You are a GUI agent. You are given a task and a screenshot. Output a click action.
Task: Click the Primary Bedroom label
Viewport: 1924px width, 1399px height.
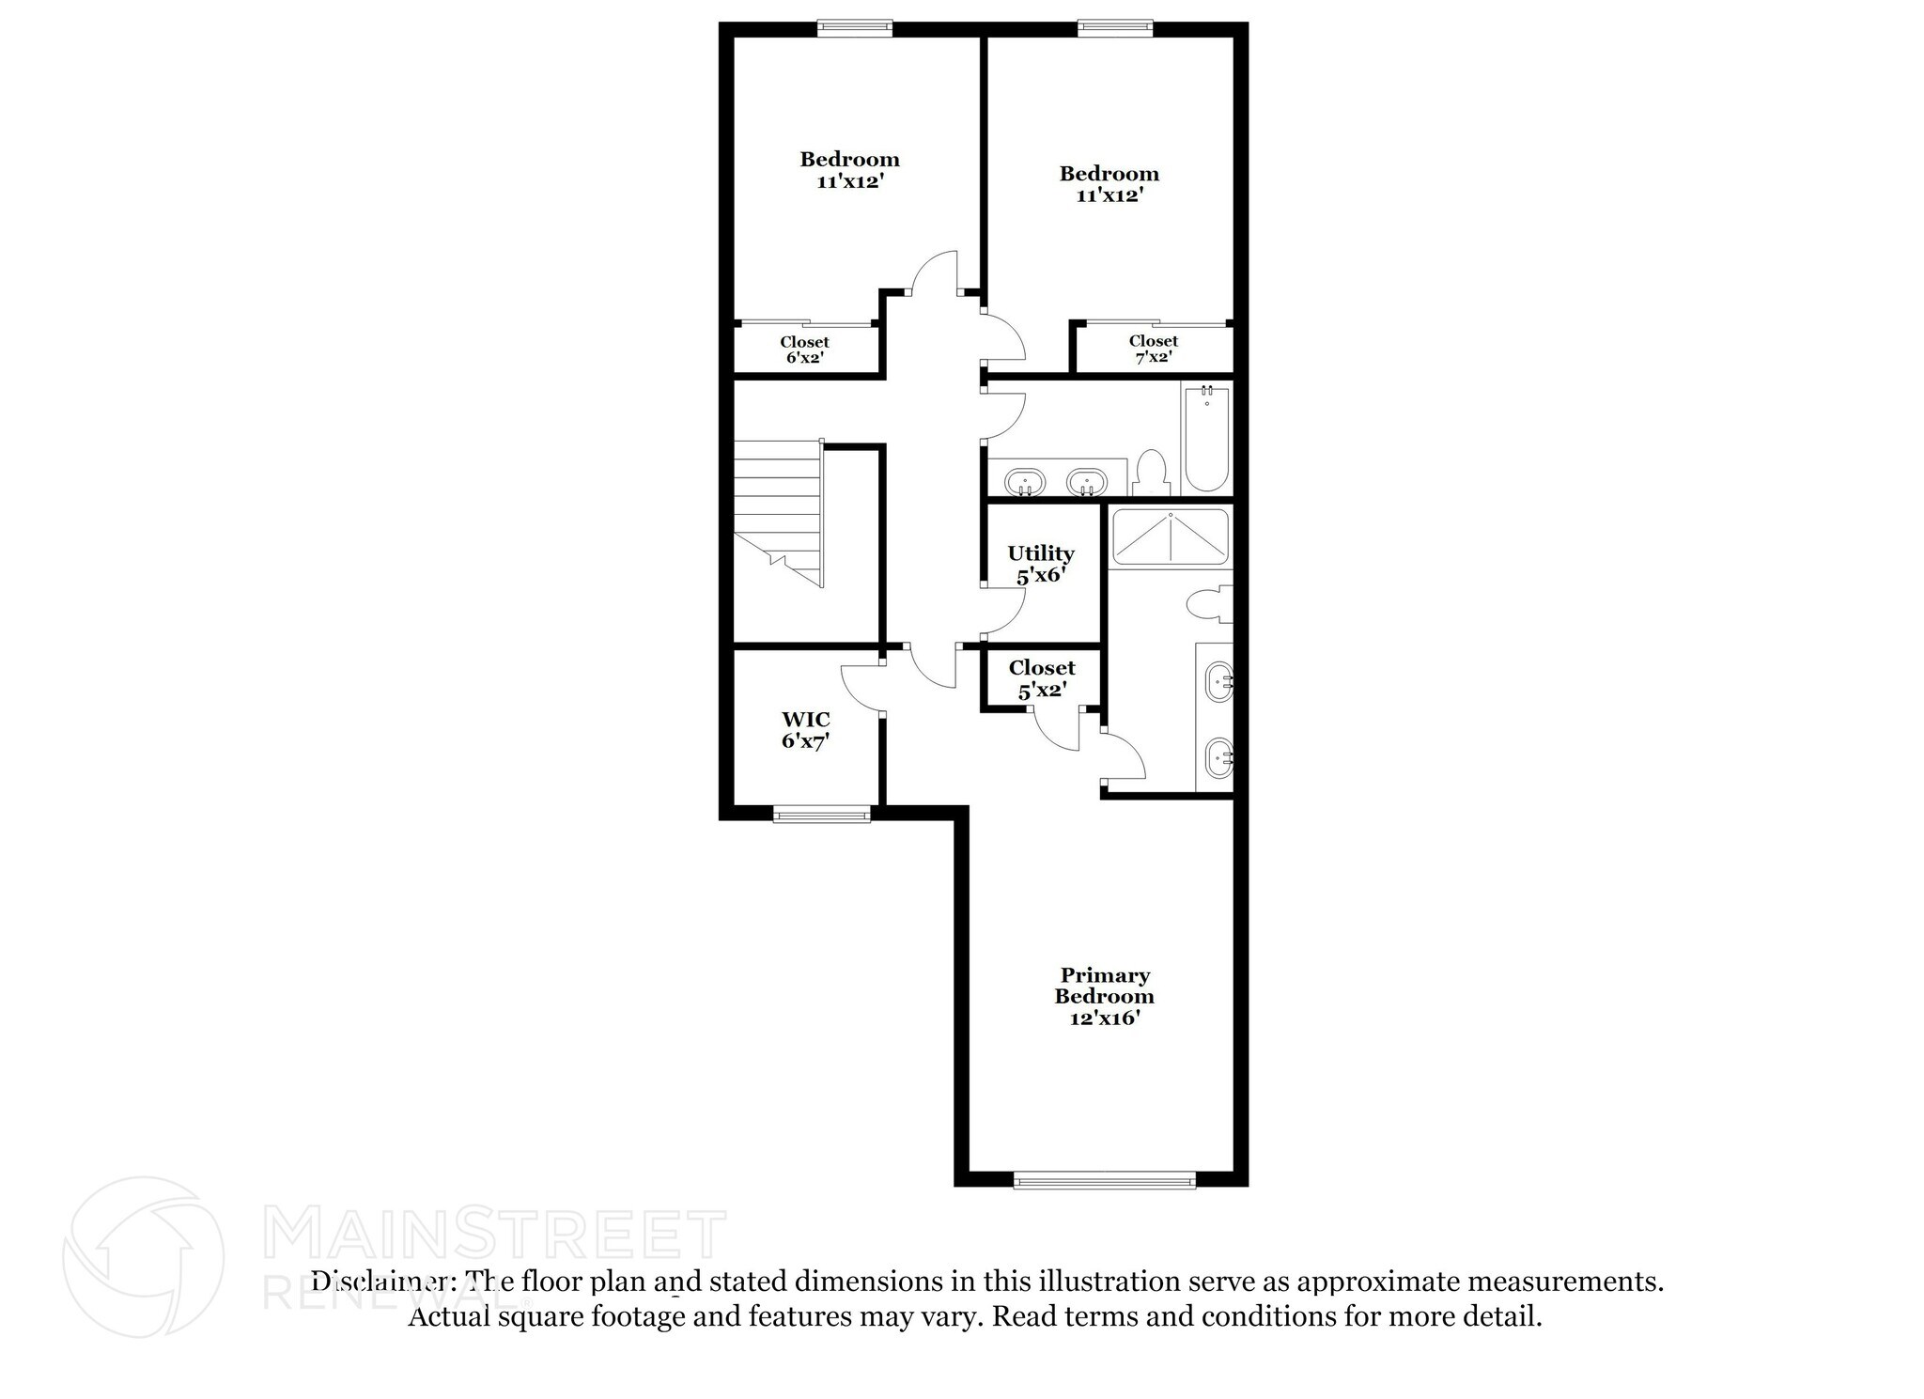click(1104, 996)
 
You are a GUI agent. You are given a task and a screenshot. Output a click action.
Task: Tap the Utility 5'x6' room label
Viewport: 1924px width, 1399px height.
click(1040, 564)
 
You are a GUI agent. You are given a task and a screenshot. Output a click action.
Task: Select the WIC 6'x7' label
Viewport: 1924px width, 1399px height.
click(805, 730)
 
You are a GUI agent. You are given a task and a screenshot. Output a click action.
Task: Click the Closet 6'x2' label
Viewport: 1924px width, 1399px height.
click(804, 350)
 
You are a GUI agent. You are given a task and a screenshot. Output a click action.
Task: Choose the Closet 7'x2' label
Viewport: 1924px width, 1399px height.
click(1153, 350)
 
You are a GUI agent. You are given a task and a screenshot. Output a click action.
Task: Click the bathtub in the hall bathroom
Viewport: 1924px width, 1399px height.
click(1206, 438)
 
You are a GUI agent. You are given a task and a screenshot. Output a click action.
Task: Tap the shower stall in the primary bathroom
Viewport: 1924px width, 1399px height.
click(1170, 536)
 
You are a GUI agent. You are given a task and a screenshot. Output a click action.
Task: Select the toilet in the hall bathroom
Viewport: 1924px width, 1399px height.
click(1151, 473)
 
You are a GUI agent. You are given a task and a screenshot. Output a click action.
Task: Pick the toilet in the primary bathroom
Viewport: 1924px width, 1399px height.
click(1209, 603)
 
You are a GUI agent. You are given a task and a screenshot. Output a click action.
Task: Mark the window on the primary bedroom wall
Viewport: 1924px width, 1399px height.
click(1104, 1180)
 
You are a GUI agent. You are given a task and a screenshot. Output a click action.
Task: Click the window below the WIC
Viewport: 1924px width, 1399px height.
click(821, 815)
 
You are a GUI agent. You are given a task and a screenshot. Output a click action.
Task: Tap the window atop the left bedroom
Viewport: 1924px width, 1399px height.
click(854, 28)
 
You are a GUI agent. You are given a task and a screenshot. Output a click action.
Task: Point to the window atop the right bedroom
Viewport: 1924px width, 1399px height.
click(1115, 28)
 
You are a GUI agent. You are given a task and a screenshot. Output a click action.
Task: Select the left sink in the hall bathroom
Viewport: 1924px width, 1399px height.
click(1024, 483)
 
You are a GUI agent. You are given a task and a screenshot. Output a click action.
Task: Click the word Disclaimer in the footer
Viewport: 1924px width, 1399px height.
click(380, 1282)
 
